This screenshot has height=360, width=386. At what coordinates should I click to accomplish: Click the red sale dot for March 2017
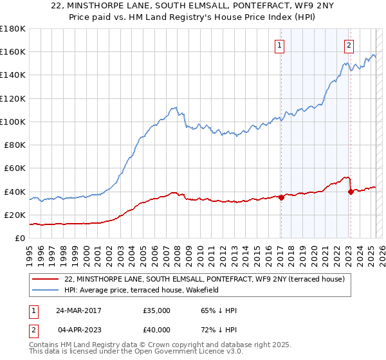tap(281, 197)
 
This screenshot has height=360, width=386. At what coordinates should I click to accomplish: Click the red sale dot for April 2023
tap(351, 192)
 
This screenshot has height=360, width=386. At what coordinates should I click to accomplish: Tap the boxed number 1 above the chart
tap(280, 45)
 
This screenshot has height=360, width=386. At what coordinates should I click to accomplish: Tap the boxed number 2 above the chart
tap(349, 45)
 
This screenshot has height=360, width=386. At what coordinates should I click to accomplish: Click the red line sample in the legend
tap(45, 279)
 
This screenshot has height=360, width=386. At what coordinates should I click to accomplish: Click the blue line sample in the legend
tap(45, 290)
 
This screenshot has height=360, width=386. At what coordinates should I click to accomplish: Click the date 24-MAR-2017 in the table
tap(78, 310)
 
